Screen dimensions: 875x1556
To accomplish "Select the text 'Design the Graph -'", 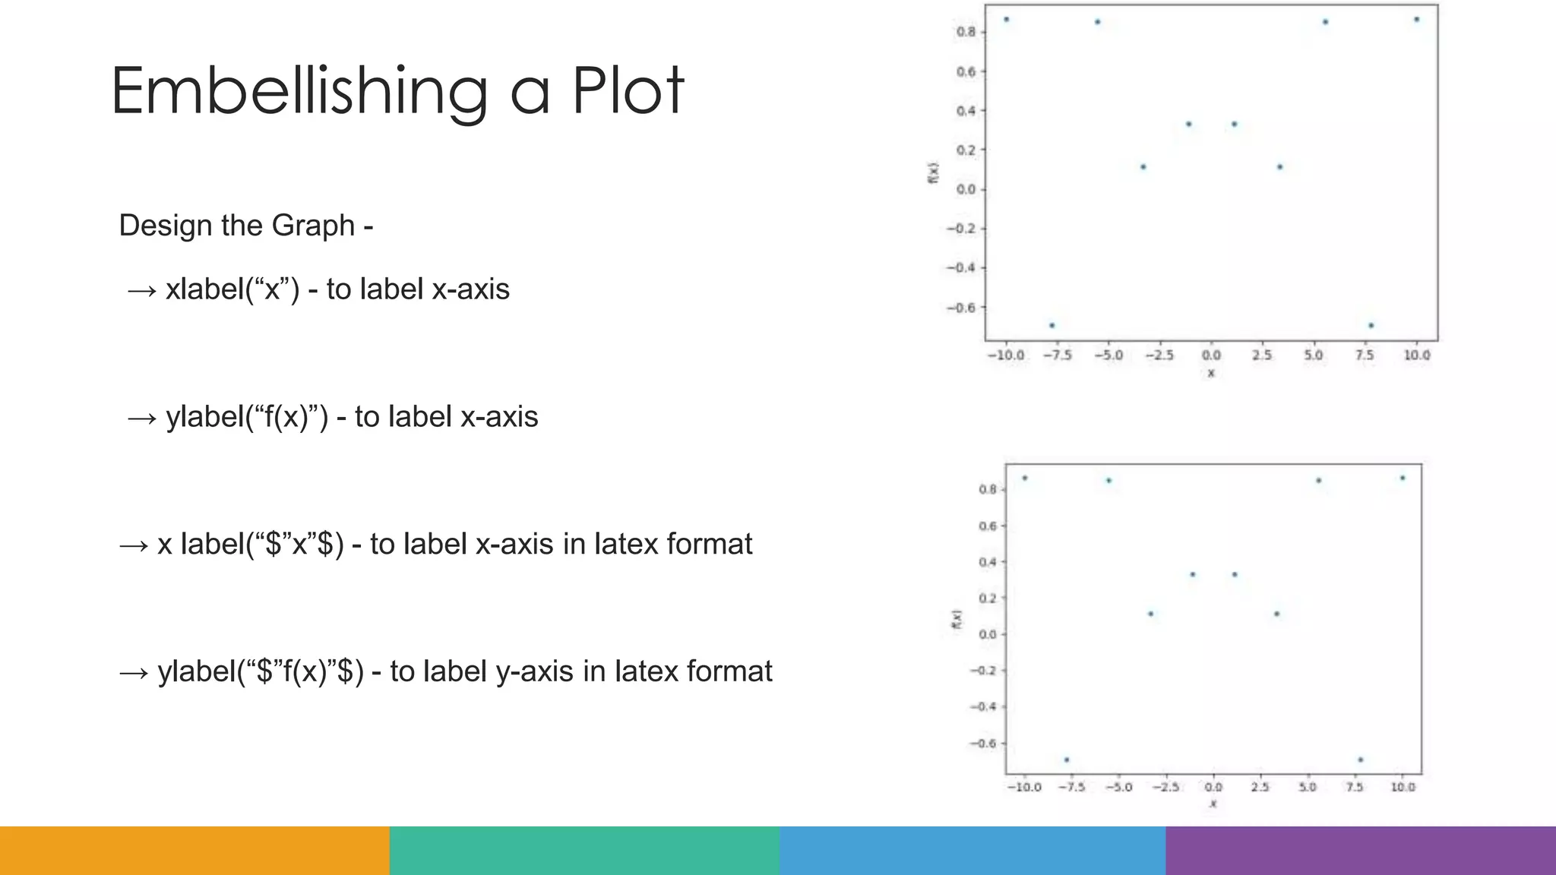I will coord(245,226).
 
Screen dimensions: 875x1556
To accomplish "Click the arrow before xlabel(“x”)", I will coord(142,290).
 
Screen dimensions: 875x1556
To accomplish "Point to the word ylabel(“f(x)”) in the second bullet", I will coord(247,417).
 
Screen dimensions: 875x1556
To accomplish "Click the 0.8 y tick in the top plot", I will coord(966,32).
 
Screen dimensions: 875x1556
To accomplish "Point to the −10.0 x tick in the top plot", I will coord(1005,355).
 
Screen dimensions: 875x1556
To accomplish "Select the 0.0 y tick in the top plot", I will coord(966,189).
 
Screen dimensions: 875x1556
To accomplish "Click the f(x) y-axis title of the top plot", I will coord(933,172).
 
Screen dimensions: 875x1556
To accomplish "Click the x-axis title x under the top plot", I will coord(1211,373).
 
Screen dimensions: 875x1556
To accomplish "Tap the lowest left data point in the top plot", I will coord(1052,325).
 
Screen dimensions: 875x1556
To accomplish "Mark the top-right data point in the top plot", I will coord(1416,20).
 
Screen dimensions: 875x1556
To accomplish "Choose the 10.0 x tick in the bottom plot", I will coord(1403,787).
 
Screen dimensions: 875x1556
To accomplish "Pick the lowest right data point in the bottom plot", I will coord(1360,760).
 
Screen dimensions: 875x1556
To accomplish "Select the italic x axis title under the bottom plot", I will coord(1213,804).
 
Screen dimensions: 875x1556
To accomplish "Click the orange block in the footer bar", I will coord(194,851).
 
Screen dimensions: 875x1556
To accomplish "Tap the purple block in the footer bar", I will coord(1360,851).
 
